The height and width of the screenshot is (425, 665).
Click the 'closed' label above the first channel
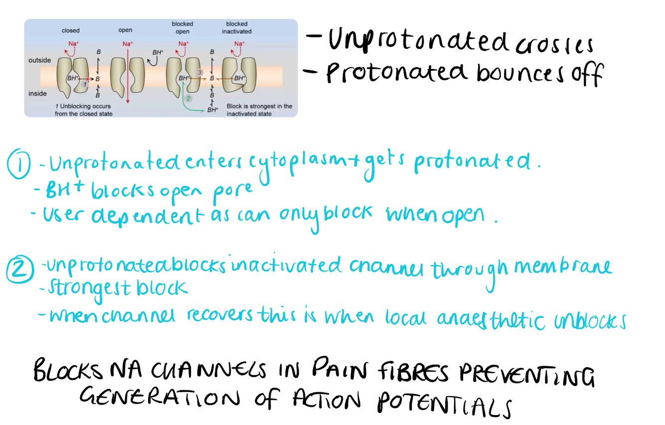(70, 31)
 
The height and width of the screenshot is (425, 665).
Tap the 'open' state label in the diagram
(125, 31)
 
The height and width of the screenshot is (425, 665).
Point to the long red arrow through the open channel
(128, 75)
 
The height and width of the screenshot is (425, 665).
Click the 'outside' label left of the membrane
(40, 60)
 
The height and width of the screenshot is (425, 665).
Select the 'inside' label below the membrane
(38, 93)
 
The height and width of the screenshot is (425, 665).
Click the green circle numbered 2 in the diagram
(188, 98)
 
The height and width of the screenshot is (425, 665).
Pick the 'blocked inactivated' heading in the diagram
(236, 27)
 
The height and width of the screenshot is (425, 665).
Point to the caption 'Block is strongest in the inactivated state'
(259, 110)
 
